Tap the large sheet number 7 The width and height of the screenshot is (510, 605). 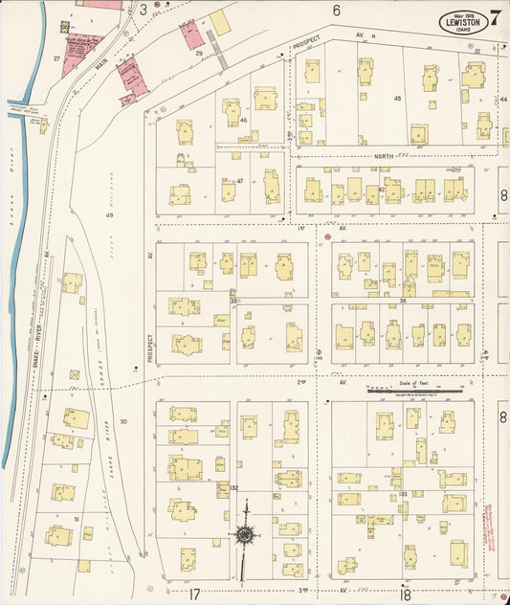pyautogui.click(x=497, y=18)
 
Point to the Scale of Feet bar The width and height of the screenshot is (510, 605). pyautogui.click(x=416, y=390)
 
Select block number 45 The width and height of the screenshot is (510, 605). pyautogui.click(x=396, y=99)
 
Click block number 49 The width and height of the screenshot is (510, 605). pyautogui.click(x=109, y=215)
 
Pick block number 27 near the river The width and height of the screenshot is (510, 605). pyautogui.click(x=56, y=59)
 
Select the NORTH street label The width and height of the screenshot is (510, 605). pyautogui.click(x=385, y=155)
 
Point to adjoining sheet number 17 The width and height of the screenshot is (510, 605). pyautogui.click(x=194, y=594)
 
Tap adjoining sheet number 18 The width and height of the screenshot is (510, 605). pyautogui.click(x=406, y=594)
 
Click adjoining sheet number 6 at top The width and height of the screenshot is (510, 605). pyautogui.click(x=336, y=11)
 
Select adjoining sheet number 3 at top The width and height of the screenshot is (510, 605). pyautogui.click(x=144, y=10)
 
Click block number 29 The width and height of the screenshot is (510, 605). pyautogui.click(x=199, y=55)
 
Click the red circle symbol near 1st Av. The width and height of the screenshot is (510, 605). pyautogui.click(x=327, y=235)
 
